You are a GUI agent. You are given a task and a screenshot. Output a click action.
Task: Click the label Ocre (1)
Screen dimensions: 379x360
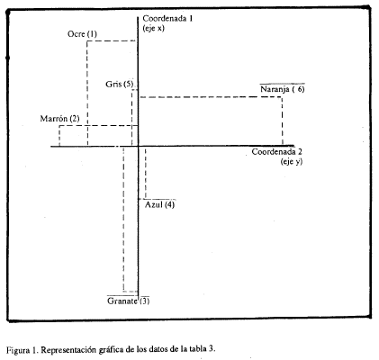point(82,34)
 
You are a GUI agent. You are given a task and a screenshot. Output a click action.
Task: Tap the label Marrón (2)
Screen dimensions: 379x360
point(59,119)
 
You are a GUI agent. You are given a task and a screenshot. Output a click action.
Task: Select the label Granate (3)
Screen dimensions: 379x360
point(128,301)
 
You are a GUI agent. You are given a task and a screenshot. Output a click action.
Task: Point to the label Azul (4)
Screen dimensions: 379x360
point(159,205)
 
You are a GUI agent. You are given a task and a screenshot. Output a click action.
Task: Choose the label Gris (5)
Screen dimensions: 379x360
point(119,84)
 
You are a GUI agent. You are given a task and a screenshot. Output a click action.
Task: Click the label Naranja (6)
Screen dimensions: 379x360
point(283,89)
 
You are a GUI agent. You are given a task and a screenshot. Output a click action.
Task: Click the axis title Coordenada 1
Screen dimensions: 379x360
point(167,19)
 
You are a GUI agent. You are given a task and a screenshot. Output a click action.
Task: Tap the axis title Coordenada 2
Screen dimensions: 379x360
point(277,152)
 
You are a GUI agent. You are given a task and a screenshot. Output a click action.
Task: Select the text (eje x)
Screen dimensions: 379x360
point(154,29)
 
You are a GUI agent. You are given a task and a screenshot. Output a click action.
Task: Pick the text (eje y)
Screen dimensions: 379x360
point(292,162)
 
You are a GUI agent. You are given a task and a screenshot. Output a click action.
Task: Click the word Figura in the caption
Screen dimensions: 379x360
point(17,350)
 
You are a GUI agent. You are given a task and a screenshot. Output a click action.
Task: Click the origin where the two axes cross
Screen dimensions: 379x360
point(138,146)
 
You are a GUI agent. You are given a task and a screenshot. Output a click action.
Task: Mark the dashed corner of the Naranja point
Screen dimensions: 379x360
point(282,97)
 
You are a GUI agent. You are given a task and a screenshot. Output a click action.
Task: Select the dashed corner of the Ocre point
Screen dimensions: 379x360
point(87,40)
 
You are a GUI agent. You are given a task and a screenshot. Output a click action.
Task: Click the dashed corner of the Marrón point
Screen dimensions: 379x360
point(59,126)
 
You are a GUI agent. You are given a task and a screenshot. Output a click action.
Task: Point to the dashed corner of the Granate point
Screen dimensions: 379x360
point(123,291)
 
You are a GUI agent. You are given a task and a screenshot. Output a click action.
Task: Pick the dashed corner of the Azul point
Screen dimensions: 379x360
point(146,199)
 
